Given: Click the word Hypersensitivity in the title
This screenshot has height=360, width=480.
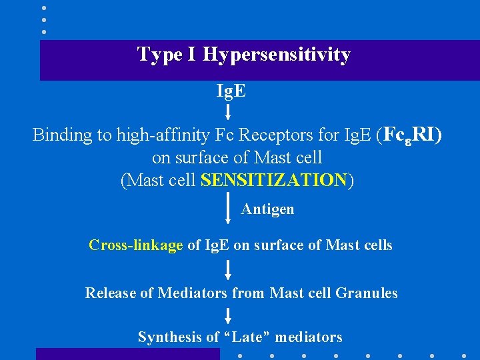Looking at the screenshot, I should (276, 55).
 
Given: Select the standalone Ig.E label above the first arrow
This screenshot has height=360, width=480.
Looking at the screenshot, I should (231, 90).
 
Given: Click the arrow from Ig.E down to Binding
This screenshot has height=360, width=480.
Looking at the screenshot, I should (228, 110).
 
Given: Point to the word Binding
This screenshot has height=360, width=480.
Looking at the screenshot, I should (62, 135).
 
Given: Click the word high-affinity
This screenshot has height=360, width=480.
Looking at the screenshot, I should (151, 135).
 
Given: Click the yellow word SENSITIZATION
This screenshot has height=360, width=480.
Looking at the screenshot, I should (273, 180).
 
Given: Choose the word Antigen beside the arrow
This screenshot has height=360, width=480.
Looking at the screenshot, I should (267, 209).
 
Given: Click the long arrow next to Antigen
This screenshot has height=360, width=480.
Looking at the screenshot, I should (228, 207).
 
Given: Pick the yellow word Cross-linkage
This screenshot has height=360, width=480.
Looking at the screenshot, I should (135, 245).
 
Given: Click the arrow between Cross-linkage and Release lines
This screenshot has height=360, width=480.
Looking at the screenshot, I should (228, 269).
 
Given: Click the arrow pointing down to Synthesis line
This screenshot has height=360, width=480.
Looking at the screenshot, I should (228, 315).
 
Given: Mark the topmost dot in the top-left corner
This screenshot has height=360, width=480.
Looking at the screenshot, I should (43, 8).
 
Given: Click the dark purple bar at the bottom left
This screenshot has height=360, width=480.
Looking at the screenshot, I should (127, 354).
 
